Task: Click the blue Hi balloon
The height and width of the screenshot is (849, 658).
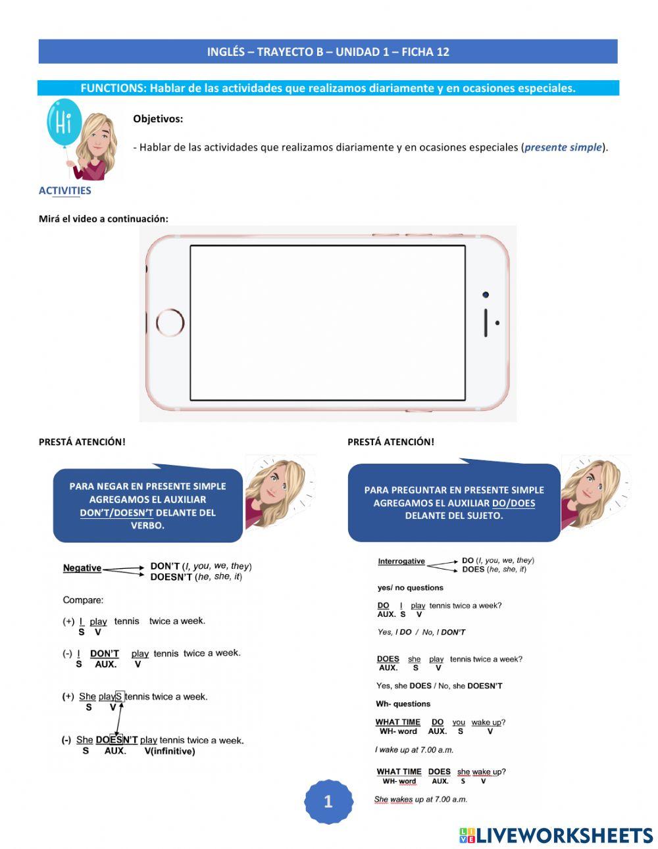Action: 64,124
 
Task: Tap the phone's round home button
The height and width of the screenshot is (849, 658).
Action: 170,323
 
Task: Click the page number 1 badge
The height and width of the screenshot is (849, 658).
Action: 328,802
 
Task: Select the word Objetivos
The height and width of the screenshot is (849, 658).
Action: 158,119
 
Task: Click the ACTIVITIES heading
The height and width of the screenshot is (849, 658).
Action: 64,191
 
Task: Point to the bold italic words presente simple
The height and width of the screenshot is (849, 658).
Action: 563,147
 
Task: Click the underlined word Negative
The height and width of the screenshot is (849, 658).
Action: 82,568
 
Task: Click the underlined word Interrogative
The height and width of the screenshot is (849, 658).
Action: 401,562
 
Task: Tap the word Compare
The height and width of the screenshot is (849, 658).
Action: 83,600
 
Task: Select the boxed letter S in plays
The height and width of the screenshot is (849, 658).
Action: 119,696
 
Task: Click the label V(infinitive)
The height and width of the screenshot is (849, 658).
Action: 169,751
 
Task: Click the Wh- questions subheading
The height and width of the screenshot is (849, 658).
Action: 403,704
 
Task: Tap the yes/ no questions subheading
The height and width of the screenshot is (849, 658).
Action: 410,588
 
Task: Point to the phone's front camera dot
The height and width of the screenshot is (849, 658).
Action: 486,295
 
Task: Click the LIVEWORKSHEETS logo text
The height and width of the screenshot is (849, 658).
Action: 564,835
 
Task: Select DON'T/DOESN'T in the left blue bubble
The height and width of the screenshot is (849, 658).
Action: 116,513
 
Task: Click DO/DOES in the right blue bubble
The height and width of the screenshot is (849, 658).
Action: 513,503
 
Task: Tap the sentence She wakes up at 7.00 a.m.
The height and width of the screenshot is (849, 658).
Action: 420,800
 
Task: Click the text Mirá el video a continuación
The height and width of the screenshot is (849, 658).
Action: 103,219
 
